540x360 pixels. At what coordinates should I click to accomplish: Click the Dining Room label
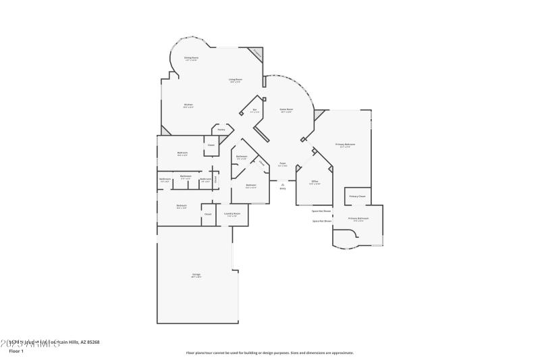[192, 59]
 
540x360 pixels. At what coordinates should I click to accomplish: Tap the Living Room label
[236, 80]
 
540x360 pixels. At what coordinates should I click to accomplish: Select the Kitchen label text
[188, 105]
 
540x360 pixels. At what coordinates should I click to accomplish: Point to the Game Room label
[286, 110]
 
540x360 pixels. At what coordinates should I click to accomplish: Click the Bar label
[254, 110]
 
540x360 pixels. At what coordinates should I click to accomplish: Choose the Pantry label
[221, 129]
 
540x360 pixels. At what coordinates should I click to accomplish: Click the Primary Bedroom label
[345, 145]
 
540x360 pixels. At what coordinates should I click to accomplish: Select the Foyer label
[282, 164]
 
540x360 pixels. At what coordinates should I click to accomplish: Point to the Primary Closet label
[357, 197]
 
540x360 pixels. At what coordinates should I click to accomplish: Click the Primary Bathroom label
[358, 219]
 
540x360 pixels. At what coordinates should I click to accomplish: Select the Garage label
[196, 275]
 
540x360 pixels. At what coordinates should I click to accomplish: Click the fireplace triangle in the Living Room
[257, 53]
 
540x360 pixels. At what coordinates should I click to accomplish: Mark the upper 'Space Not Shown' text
[322, 211]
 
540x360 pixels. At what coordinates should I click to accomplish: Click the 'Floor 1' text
[16, 351]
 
